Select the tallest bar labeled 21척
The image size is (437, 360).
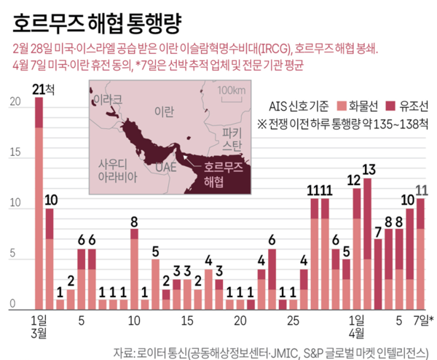click(39, 204)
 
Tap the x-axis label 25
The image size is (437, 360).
click(293, 321)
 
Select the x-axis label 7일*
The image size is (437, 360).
click(422, 321)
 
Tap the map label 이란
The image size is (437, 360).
click(165, 110)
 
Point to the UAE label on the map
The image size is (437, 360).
click(156, 168)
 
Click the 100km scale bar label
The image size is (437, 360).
click(232, 90)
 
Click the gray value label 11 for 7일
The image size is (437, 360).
click(421, 191)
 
